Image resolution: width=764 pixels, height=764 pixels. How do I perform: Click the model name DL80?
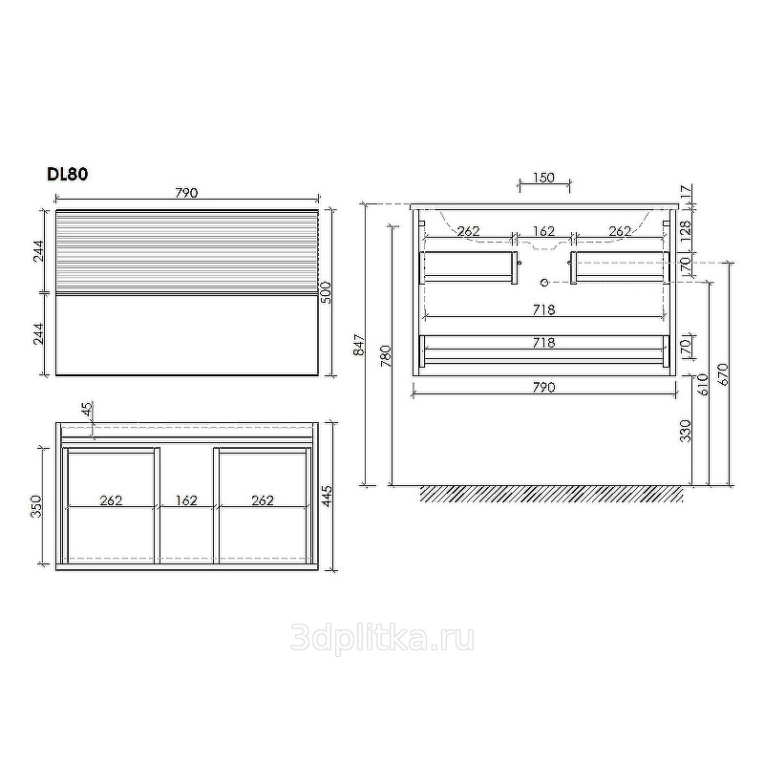67,174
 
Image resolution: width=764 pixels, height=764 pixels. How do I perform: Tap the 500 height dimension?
326,292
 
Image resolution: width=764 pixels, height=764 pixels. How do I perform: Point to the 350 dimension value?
37,506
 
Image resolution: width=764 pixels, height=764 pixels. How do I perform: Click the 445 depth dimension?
327,496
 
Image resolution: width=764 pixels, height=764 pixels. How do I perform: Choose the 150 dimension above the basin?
543,178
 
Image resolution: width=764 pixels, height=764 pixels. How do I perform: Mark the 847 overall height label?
359,345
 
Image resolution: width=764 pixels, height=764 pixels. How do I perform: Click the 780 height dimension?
386,355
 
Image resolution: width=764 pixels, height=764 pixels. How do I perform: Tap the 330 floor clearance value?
686,431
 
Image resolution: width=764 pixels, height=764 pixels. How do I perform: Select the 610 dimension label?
702,385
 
